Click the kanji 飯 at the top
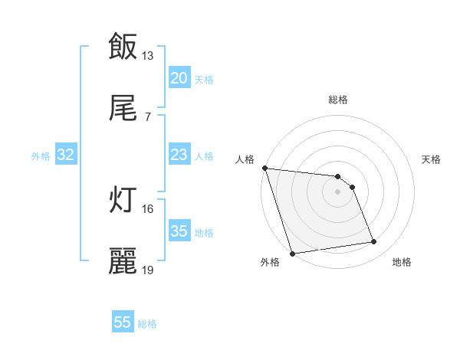pos(123,46)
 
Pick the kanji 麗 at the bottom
pos(123,261)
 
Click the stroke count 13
pos(148,56)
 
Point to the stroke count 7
pos(147,117)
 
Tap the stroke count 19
pos(148,270)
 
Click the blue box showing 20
pos(179,78)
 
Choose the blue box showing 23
pos(179,155)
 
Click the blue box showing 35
pos(179,231)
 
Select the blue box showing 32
pos(66,155)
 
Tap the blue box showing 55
pos(123,322)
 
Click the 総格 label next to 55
pos(147,324)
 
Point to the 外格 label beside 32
pos(41,156)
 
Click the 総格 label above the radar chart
pos(337,100)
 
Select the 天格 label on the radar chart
pos(432,159)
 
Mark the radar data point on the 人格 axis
pos(264,168)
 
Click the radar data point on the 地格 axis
pos(374,242)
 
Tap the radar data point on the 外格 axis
pos(292,253)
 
